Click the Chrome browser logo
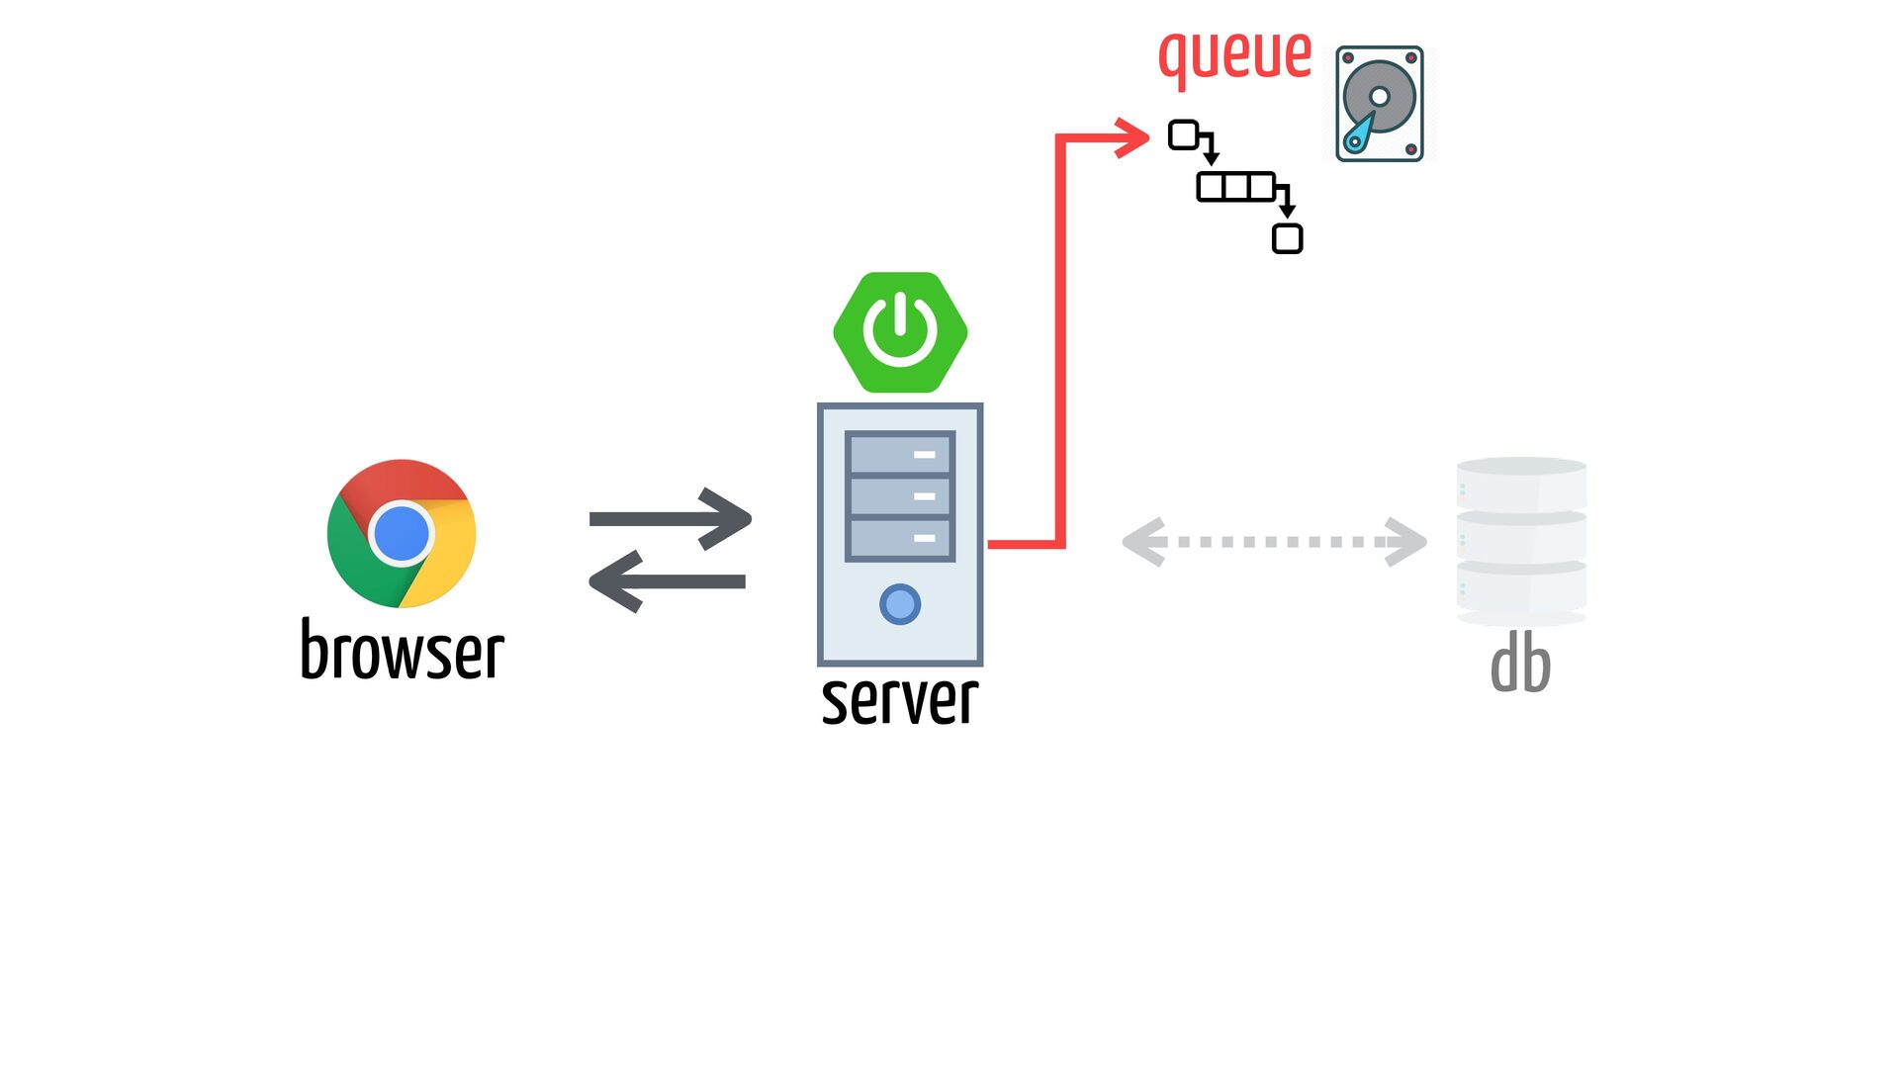[402, 533]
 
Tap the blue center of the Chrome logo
[402, 533]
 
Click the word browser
[403, 650]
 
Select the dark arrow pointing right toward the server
[671, 518]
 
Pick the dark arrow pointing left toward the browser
[667, 581]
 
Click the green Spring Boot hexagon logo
[900, 332]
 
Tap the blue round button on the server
[900, 604]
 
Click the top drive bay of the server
[900, 454]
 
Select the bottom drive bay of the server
[900, 539]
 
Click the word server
[900, 699]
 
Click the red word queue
[1235, 55]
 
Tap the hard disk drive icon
[1380, 104]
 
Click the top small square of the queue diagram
[1184, 134]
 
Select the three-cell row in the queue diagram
[1236, 187]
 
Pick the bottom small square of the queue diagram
[1288, 239]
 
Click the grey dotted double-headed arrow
[1275, 542]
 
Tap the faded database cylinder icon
[1522, 541]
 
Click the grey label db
[1521, 664]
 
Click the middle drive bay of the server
[900, 496]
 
